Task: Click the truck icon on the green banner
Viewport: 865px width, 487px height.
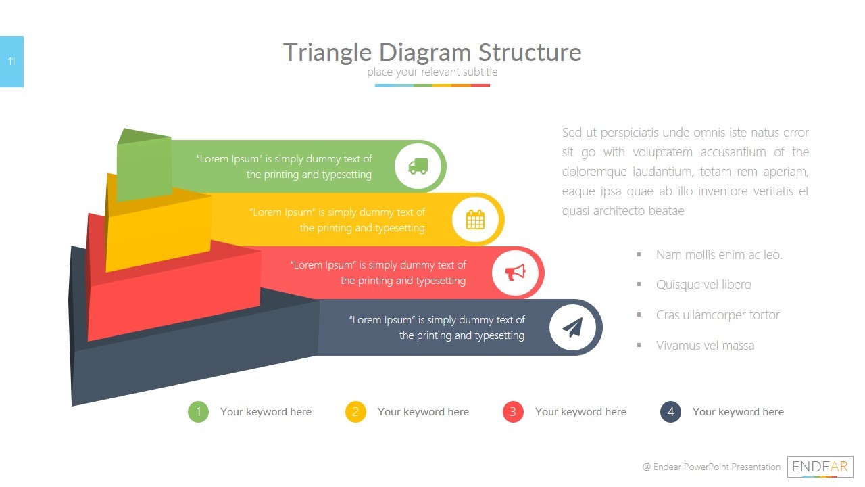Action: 418,166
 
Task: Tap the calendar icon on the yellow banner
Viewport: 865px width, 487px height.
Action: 475,219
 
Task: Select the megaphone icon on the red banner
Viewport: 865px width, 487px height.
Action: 516,273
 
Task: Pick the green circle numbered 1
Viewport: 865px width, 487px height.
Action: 198,412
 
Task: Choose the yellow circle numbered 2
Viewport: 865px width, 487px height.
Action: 355,412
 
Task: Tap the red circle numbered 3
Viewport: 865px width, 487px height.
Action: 513,412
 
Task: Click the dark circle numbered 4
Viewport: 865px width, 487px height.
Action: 670,412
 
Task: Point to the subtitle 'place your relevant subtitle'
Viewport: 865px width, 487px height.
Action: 432,72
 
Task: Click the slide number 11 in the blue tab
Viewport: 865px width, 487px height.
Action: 11,62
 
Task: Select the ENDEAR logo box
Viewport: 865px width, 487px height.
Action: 820,467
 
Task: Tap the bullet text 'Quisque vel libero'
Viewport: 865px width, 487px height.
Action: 703,285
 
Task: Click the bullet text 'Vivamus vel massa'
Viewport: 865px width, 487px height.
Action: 705,346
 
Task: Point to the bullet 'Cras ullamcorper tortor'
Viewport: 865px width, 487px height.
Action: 718,315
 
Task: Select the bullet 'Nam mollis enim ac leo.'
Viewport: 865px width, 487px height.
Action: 719,255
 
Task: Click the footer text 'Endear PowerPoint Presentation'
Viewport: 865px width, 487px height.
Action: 716,467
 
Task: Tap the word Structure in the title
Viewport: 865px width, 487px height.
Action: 530,52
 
